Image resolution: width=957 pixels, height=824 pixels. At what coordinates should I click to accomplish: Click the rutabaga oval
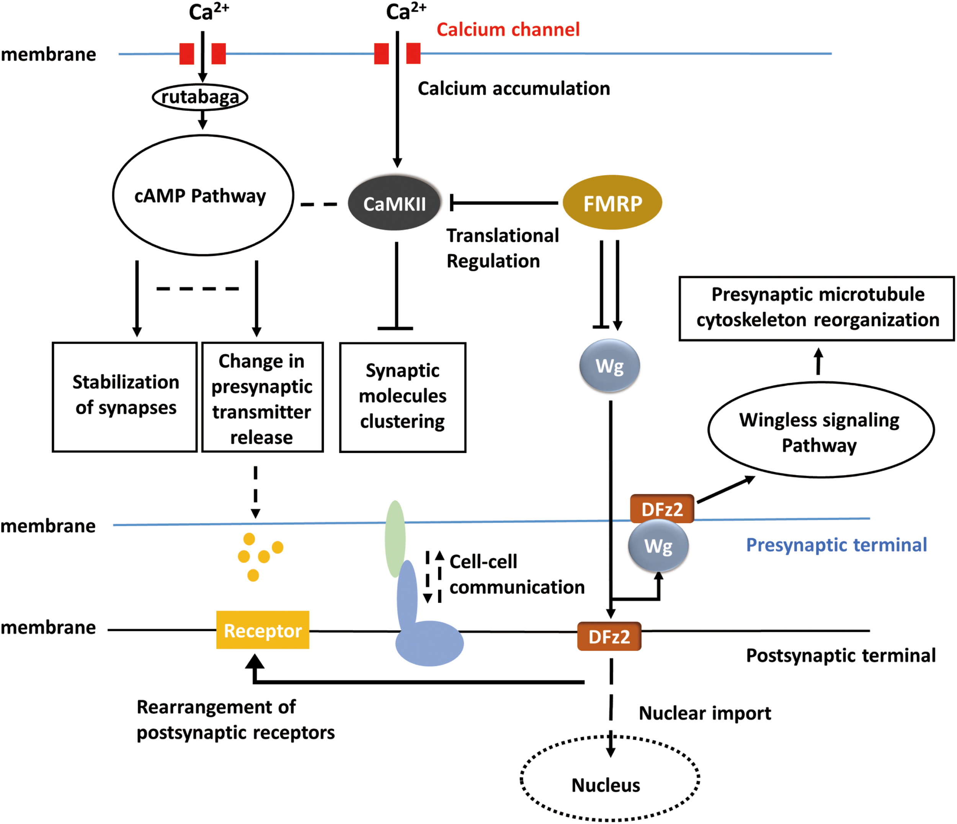tap(200, 97)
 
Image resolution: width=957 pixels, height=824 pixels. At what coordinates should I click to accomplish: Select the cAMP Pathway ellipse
tap(203, 195)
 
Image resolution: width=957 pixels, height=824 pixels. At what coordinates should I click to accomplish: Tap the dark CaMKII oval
tap(394, 203)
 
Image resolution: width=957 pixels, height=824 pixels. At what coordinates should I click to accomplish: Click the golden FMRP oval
tap(612, 203)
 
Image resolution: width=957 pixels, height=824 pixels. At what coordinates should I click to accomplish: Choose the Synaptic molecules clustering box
tap(402, 397)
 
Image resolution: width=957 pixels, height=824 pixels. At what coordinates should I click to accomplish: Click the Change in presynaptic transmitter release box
tap(262, 397)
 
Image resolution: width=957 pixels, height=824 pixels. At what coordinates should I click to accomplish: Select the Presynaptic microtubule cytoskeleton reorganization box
tap(817, 308)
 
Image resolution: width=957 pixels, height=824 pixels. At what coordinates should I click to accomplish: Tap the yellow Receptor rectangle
tap(262, 630)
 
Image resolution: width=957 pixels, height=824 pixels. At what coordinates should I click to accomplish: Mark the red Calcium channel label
tap(508, 29)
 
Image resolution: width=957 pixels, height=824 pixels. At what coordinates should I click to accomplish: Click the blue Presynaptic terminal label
tap(836, 545)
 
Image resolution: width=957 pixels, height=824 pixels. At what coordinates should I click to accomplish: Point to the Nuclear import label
tap(705, 713)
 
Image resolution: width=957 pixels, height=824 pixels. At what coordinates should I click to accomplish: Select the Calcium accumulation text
tap(514, 89)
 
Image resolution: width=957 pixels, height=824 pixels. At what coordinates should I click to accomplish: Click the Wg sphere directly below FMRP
tap(610, 366)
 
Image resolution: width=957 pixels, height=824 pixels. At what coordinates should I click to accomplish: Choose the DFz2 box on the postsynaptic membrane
tap(609, 636)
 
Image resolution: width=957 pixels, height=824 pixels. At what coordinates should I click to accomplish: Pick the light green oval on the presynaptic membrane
tap(395, 538)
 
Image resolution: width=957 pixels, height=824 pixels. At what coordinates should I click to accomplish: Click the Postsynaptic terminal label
tap(841, 656)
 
